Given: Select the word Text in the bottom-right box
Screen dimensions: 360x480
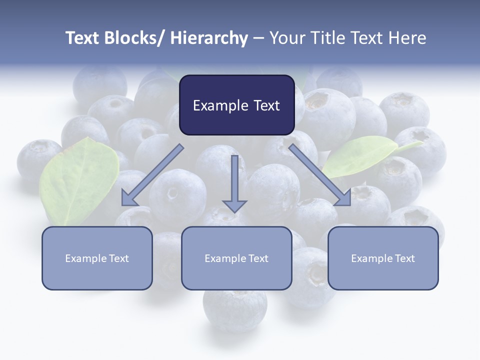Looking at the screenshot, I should pos(404,258).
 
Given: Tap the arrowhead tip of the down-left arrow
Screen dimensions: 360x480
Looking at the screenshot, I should pos(122,205).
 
